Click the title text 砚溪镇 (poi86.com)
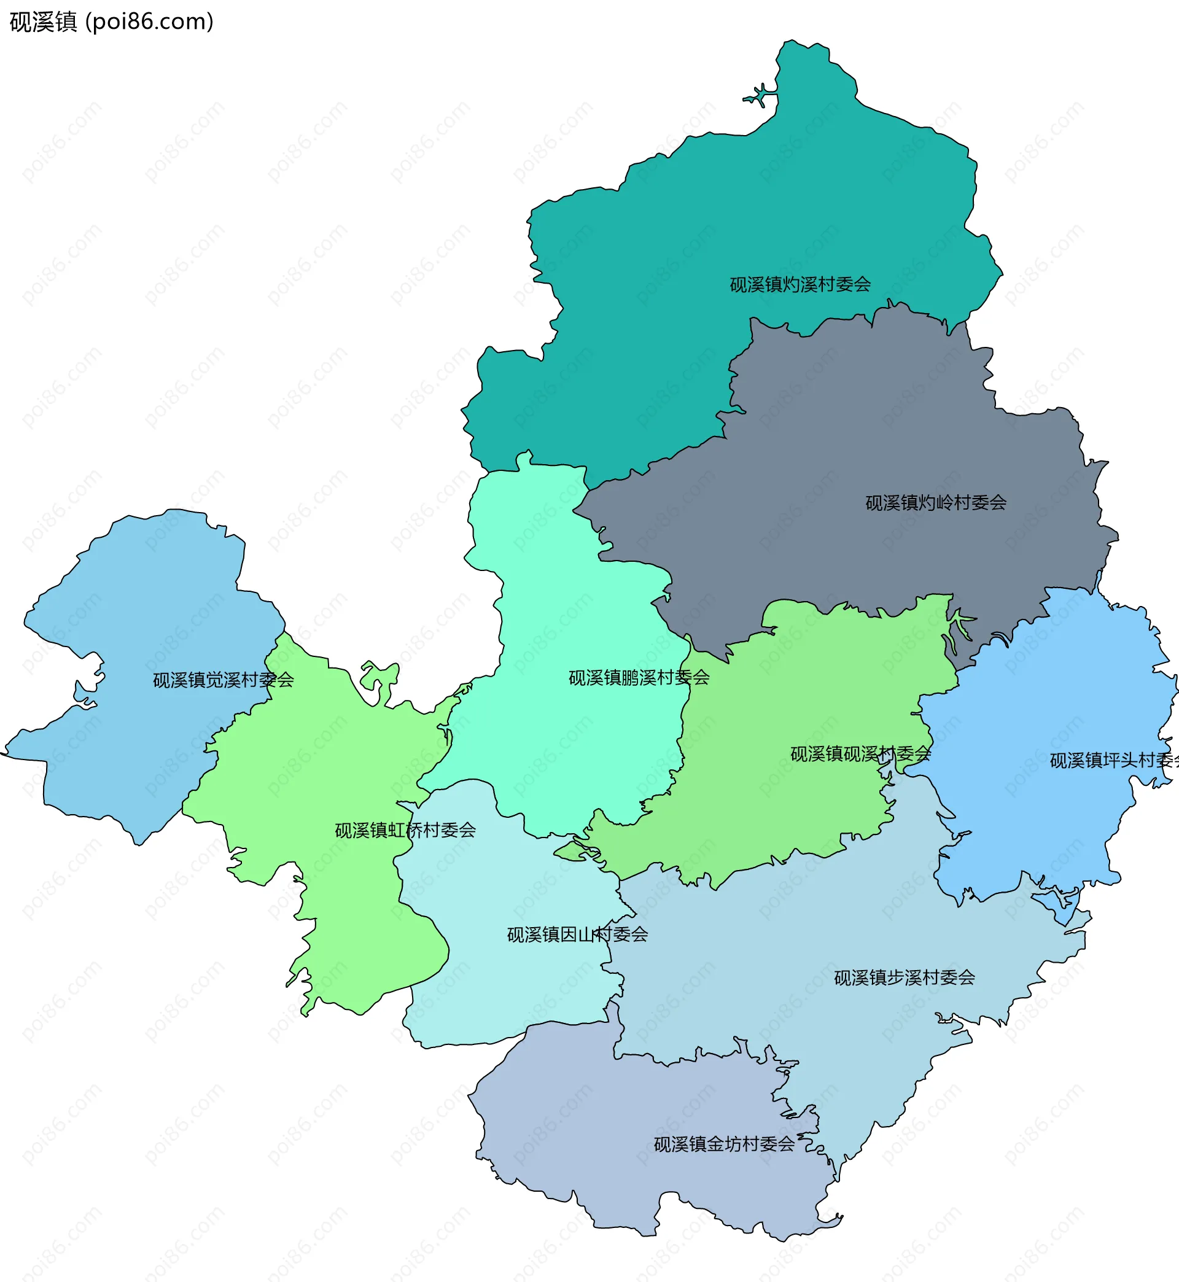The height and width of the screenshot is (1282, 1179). pos(111,22)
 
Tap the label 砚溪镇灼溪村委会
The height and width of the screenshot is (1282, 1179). pos(800,284)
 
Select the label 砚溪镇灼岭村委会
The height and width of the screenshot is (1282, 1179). pos(935,503)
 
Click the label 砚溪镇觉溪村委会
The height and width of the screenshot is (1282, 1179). pos(224,680)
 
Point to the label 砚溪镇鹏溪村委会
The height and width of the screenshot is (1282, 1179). pos(639,677)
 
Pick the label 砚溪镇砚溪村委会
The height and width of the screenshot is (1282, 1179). pos(860,754)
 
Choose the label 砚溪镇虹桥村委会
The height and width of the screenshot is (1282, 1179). pos(405,829)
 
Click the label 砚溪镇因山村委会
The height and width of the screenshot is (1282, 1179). pos(577,934)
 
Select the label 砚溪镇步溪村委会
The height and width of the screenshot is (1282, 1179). pos(904,977)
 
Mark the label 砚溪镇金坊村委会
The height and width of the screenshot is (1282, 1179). pos(724,1144)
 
